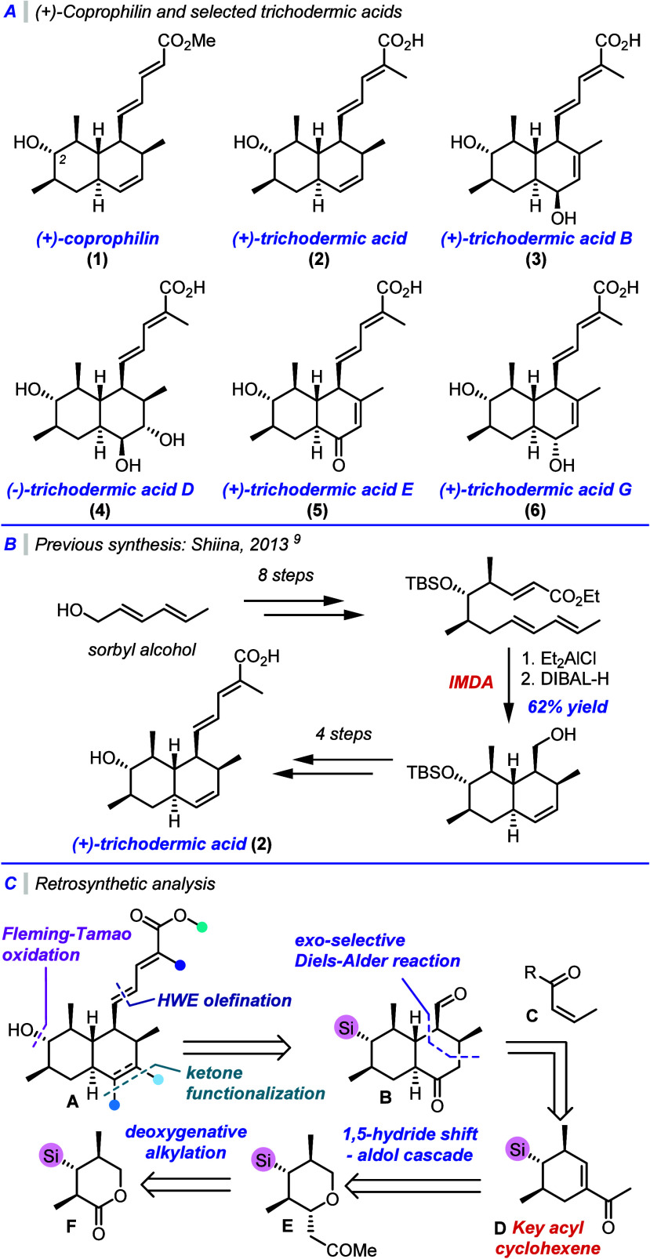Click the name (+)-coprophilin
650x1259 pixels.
(x=98, y=238)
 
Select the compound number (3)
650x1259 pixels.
(x=536, y=259)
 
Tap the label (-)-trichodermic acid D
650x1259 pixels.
(x=100, y=489)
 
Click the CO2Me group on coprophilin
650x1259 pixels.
(x=186, y=41)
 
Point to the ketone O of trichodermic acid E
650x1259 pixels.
(x=339, y=465)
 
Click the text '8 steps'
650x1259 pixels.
(x=285, y=575)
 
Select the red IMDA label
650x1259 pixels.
(x=470, y=682)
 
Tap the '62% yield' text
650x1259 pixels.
(x=568, y=706)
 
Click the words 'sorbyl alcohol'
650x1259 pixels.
(x=142, y=650)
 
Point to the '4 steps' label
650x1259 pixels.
(x=343, y=734)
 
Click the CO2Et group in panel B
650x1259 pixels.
(x=575, y=596)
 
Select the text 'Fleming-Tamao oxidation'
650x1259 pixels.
(x=67, y=944)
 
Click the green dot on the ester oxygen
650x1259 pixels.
(x=202, y=927)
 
